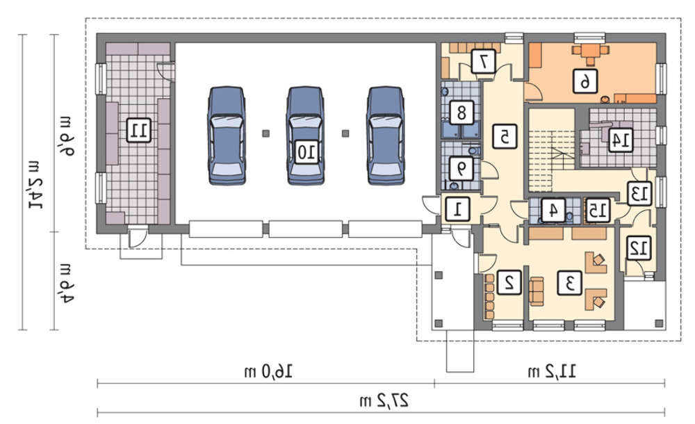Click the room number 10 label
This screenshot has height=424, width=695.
click(x=306, y=152)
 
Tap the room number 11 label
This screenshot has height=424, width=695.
click(x=138, y=130)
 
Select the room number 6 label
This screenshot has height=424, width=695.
click(x=584, y=81)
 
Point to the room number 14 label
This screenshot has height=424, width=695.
click(x=620, y=140)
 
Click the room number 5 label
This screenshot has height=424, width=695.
click(x=505, y=136)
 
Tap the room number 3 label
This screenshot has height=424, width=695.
click(x=569, y=282)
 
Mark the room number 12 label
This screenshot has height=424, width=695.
click(x=639, y=248)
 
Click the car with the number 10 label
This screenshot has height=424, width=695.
click(x=306, y=136)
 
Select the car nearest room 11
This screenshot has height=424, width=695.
click(x=227, y=136)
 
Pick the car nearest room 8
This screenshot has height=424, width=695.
click(x=386, y=136)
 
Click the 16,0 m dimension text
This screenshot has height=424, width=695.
click(x=268, y=370)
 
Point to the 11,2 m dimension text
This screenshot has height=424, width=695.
click(x=552, y=370)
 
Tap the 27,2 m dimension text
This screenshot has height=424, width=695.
click(x=384, y=400)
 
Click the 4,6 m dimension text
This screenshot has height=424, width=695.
click(x=67, y=282)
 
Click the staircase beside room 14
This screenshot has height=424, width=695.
click(x=551, y=150)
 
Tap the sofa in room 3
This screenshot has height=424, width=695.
click(x=537, y=291)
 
